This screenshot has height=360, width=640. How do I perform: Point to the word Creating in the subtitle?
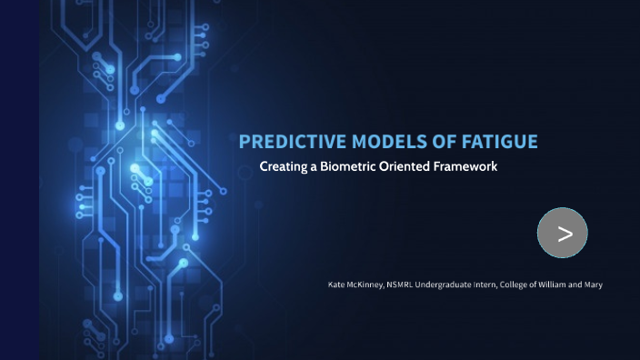pyautogui.click(x=283, y=168)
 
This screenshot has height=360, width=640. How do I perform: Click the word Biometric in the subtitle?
pyautogui.click(x=349, y=168)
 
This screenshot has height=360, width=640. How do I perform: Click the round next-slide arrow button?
pyautogui.click(x=563, y=234)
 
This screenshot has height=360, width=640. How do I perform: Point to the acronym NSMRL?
pyautogui.click(x=400, y=285)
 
